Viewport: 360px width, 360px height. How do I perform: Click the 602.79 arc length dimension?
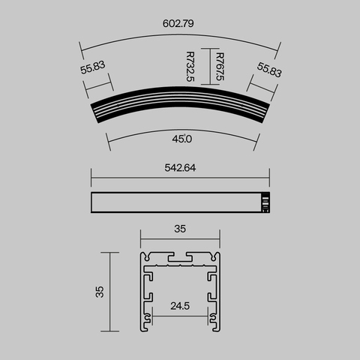click(x=180, y=23)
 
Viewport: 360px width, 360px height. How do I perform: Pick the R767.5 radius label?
click(x=219, y=65)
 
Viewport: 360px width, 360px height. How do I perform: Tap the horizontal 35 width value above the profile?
click(x=180, y=229)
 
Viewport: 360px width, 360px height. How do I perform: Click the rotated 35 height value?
click(x=100, y=291)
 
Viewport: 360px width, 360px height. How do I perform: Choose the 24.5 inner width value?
click(x=180, y=305)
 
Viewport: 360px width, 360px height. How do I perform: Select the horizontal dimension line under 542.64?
click(x=180, y=178)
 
